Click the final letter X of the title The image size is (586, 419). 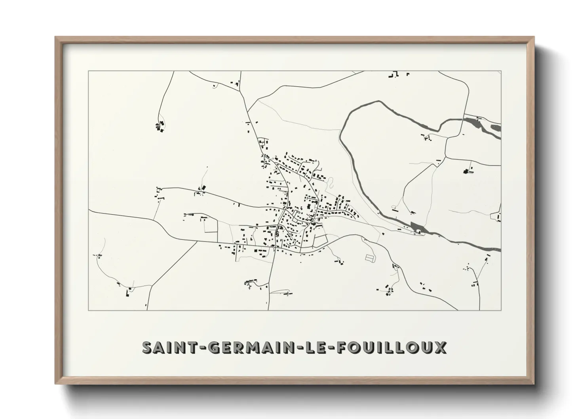pos(440,347)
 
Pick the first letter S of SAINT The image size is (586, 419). pos(147,347)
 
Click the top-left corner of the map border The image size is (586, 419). pos(88,71)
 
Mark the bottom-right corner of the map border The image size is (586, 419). pos(501,310)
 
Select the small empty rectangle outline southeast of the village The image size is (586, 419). pos(369,257)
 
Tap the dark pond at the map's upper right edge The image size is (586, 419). pos(496,128)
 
